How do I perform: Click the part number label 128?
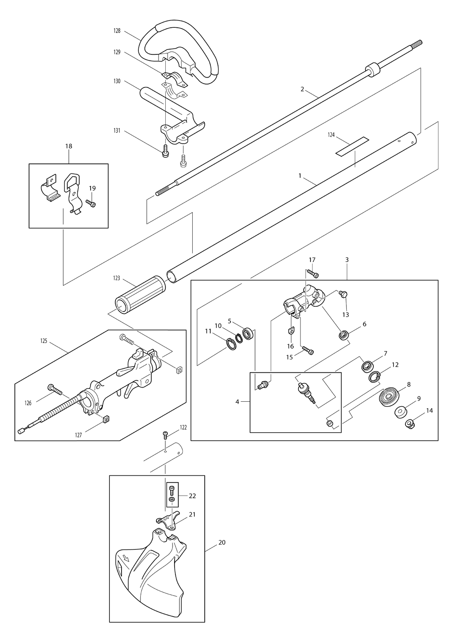pos(117,31)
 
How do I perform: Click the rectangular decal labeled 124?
pos(352,147)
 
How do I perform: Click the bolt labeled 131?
pos(165,151)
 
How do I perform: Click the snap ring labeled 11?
pos(231,344)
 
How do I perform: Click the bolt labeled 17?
pos(313,273)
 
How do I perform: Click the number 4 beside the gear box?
pos(237,402)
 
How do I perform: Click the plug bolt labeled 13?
pos(344,294)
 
